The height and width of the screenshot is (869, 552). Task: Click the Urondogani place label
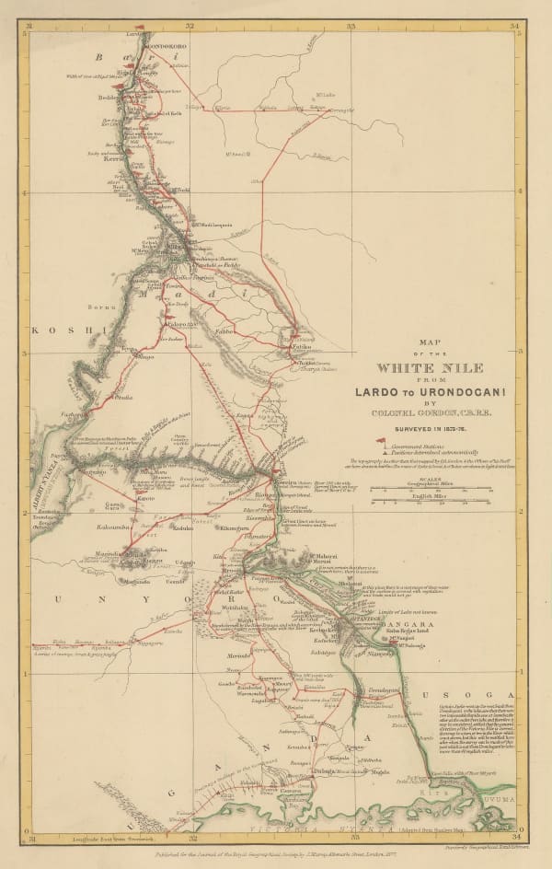tap(385, 689)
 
